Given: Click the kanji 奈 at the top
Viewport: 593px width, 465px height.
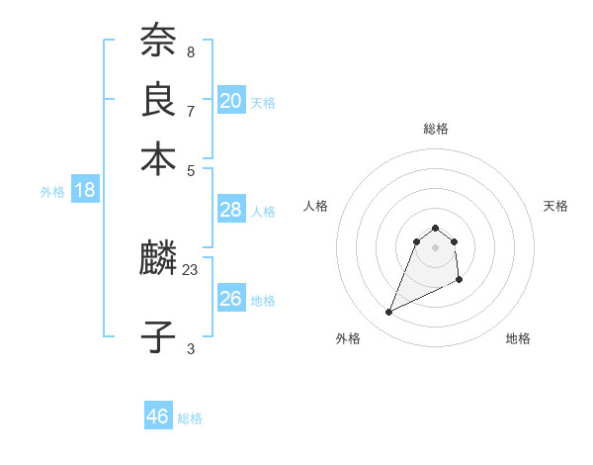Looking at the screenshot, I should coord(158,41).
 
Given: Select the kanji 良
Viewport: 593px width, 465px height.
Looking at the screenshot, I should coord(158,99).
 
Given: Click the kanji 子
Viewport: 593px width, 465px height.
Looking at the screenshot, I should coord(158,336).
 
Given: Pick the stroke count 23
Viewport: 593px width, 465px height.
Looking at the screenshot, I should coord(191,267).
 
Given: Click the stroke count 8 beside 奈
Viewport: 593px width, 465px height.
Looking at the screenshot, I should coord(191,51).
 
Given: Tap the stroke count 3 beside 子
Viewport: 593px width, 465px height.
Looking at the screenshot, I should coord(191,348).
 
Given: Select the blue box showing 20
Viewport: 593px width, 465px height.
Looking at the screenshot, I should coord(231,100).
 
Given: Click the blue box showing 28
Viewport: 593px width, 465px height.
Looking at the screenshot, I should coord(230,210).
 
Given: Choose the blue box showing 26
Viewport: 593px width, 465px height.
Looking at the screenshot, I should coord(230,298).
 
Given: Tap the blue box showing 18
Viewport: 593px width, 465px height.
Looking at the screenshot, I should coord(85,190).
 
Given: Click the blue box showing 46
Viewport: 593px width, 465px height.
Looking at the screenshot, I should coord(158,417).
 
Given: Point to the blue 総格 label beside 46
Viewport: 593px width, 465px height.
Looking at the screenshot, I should coord(190,418).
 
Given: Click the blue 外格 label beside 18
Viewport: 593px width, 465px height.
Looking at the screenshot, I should coord(52,192).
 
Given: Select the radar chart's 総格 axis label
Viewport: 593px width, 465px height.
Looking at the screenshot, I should coord(435,129).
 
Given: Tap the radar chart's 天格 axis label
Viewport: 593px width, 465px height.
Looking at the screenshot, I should coord(556,206).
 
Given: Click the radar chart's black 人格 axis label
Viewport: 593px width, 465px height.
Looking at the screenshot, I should coord(316,206).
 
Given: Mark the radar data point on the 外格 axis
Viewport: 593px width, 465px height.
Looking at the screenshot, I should coord(388,313).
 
